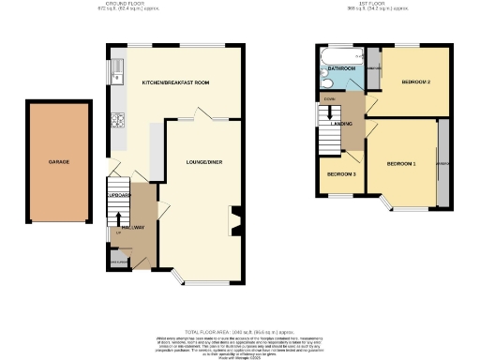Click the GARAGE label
tap(59, 161)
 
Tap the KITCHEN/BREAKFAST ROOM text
tap(174, 82)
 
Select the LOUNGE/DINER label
tap(196, 160)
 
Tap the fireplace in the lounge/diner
tap(235, 221)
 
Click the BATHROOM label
tap(341, 69)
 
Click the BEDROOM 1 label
tap(401, 164)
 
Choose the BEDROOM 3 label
tap(341, 174)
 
